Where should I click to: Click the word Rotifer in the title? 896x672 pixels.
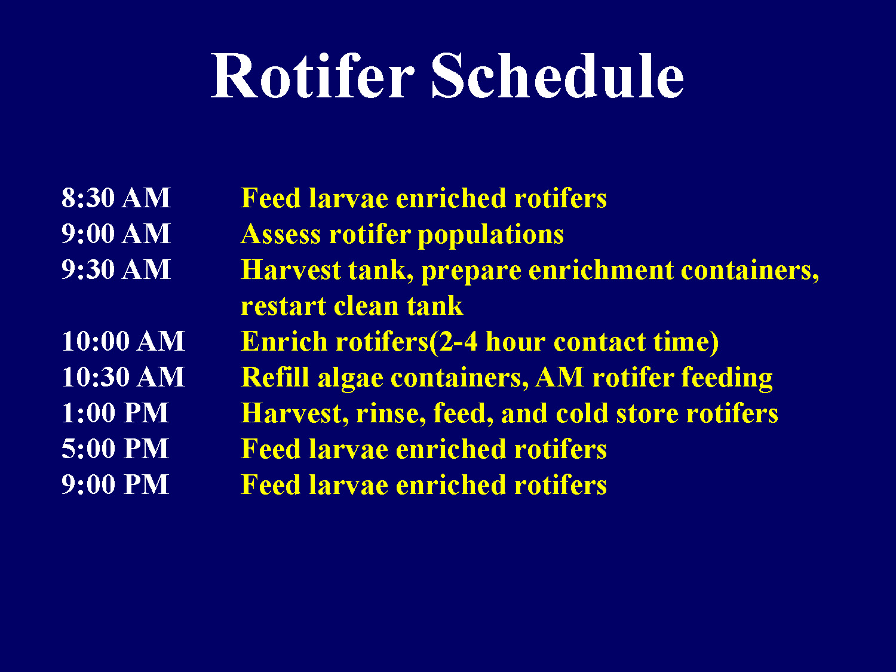click(312, 76)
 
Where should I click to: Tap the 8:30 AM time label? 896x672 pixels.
click(116, 198)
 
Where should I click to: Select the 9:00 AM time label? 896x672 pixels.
click(116, 234)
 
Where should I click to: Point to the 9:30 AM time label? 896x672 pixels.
click(116, 269)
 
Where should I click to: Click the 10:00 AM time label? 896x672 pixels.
click(123, 341)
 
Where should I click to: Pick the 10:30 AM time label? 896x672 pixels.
click(123, 377)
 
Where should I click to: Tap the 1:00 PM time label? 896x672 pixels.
click(115, 413)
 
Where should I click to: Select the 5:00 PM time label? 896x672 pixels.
click(115, 449)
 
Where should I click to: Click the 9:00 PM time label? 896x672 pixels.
click(115, 484)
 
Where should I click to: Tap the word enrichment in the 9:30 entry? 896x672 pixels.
click(600, 270)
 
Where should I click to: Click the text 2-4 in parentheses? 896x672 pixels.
click(458, 342)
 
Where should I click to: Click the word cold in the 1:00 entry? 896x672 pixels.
click(581, 413)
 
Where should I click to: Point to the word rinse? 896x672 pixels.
click(390, 413)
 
